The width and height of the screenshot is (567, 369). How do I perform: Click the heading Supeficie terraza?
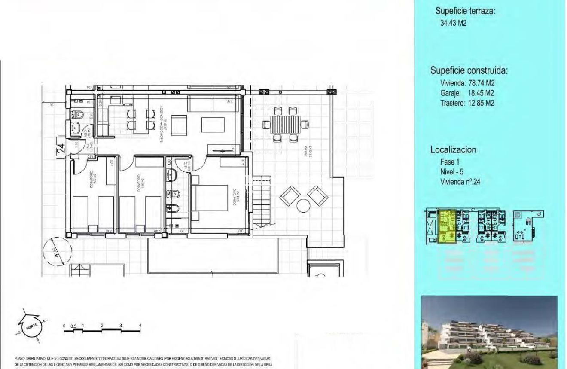tap(466, 12)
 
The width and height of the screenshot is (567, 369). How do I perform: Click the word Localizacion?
tap(453, 150)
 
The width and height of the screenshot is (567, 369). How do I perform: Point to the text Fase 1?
tap(450, 162)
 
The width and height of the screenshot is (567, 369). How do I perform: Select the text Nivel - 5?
tap(452, 172)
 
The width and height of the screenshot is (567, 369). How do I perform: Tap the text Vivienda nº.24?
tap(460, 182)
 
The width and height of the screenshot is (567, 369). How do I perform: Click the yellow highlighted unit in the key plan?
tap(447, 227)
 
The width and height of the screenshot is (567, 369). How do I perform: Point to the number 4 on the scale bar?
tap(140, 326)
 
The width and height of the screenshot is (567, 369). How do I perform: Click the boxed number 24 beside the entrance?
tap(61, 148)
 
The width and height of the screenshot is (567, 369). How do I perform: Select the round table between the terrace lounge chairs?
tap(304, 206)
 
